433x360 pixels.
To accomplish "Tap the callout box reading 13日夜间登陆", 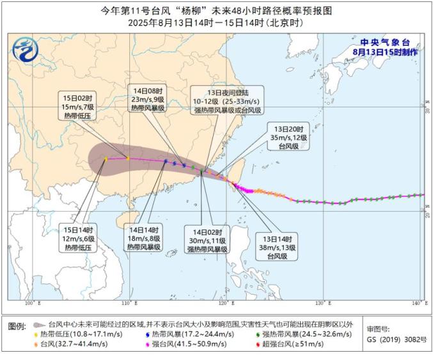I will [x=227, y=102].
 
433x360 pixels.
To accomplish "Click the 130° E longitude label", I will [x=322, y=303].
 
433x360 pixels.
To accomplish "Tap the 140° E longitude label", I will [x=417, y=303].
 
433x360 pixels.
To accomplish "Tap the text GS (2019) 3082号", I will [x=397, y=339].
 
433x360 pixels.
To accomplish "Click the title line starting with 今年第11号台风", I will [x=216, y=11].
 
